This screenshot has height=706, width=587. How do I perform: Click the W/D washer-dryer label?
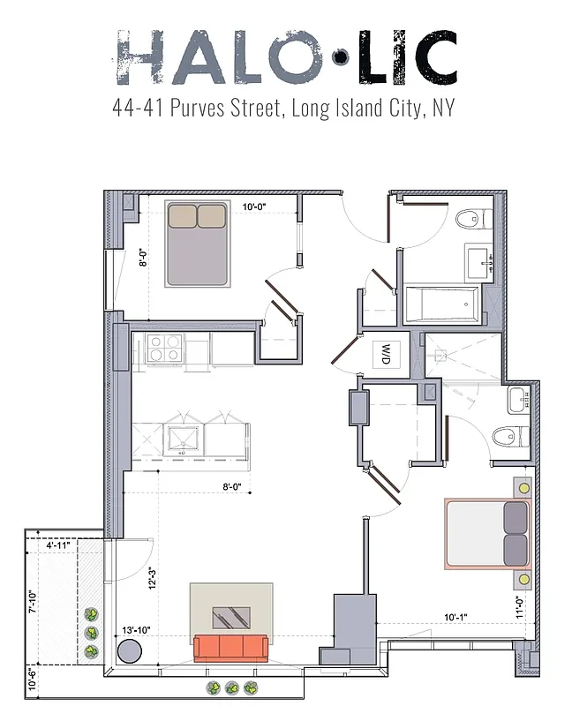click(x=387, y=356)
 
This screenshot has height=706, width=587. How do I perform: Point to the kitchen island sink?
click(x=183, y=438)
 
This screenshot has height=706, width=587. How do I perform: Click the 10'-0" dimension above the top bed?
click(x=254, y=207)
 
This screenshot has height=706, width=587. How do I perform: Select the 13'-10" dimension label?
click(x=137, y=629)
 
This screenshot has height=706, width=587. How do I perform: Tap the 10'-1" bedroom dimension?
click(x=459, y=618)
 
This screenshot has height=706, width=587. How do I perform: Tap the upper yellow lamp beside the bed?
click(x=524, y=487)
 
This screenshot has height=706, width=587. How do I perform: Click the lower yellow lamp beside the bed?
click(x=524, y=579)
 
